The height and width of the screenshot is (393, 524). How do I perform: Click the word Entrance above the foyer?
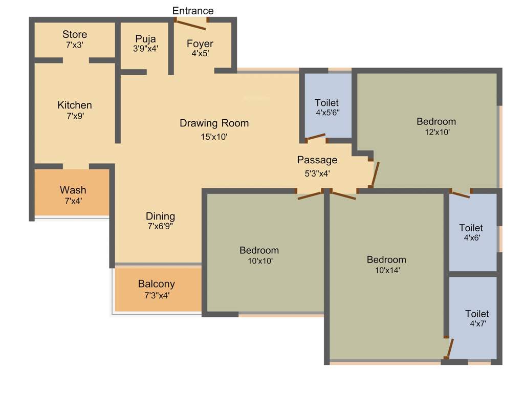coord(193,11)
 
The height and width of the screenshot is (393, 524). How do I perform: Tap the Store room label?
coord(75,35)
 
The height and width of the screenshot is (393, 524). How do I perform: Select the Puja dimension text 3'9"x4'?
coord(145,49)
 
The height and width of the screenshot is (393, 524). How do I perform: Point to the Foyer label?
coord(200,43)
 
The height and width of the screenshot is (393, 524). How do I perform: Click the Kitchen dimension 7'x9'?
coord(74,116)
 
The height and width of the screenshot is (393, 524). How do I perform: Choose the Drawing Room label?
coord(214,123)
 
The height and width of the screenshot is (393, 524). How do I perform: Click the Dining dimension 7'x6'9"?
coord(160,226)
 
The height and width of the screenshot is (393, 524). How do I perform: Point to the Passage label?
coord(317,160)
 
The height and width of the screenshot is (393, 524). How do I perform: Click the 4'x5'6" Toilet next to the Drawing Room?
coord(326,107)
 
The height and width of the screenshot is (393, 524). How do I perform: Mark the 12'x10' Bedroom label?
coord(436,122)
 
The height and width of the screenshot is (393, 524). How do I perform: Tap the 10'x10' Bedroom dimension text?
coord(259,260)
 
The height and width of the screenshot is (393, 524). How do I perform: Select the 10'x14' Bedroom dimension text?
coord(386,270)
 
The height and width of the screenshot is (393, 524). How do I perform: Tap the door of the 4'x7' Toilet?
coord(449,349)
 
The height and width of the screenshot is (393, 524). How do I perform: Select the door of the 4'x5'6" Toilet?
coord(316,137)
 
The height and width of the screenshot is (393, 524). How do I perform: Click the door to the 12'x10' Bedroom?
coord(375,174)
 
